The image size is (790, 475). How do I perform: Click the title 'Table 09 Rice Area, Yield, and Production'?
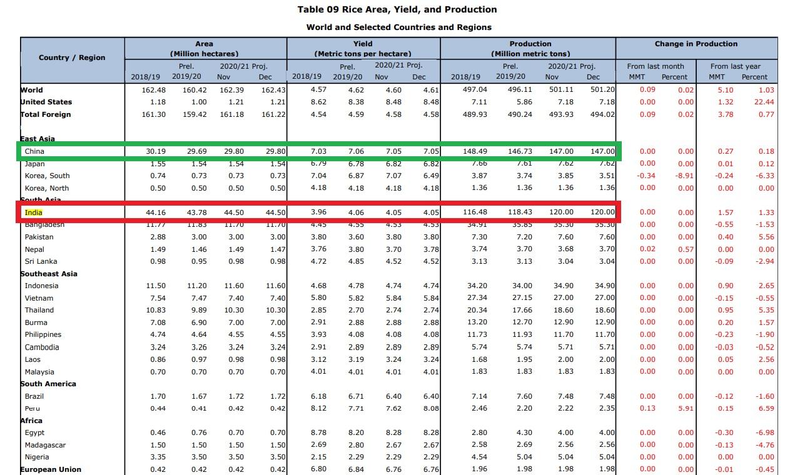point(398,9)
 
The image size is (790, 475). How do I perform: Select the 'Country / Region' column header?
point(72,57)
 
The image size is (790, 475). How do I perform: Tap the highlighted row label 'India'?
point(34,212)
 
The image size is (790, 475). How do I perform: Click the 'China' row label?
point(34,151)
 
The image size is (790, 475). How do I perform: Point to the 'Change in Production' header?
point(696,44)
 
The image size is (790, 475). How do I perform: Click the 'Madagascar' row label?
point(45,445)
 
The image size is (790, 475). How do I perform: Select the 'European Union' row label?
point(51,469)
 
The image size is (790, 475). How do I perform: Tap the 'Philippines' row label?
point(43,334)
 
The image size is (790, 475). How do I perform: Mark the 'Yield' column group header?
point(363,44)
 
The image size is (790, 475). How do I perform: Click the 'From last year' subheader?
point(735,66)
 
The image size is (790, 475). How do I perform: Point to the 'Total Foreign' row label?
point(46,114)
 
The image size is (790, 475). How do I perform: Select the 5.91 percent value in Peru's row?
point(686,408)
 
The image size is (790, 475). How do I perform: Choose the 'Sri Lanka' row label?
point(41,261)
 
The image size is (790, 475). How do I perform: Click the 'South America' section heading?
point(48,384)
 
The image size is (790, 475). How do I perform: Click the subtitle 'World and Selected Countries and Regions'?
point(398,27)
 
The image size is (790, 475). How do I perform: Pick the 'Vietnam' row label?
point(39,298)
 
